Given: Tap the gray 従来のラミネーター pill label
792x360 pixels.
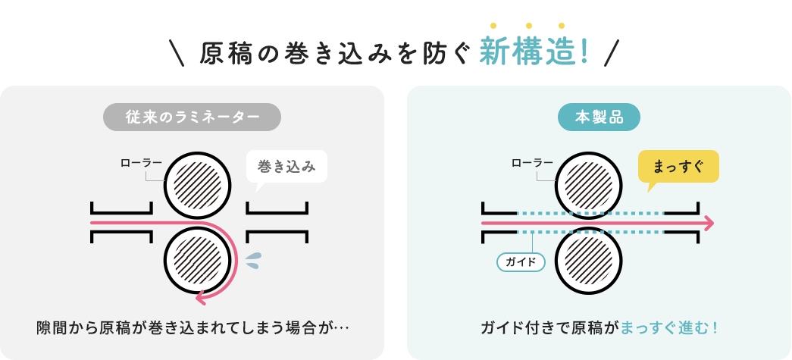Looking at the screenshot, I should (x=192, y=117).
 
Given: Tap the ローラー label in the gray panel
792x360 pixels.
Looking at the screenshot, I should (x=141, y=162).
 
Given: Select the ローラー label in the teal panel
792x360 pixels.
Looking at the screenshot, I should (x=532, y=162).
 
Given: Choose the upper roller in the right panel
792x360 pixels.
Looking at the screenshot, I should (x=589, y=185).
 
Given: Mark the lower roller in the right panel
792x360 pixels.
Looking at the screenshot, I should (x=589, y=261).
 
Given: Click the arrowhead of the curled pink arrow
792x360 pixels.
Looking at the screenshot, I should (x=202, y=297).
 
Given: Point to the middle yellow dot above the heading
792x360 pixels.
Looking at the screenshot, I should (x=527, y=26).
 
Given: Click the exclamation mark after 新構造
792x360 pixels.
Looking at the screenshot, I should (x=584, y=52).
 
